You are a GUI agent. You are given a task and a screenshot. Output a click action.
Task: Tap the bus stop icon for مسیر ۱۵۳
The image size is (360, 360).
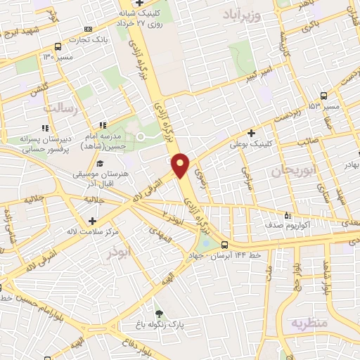323,96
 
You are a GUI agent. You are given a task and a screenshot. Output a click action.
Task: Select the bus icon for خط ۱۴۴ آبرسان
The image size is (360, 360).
224,245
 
